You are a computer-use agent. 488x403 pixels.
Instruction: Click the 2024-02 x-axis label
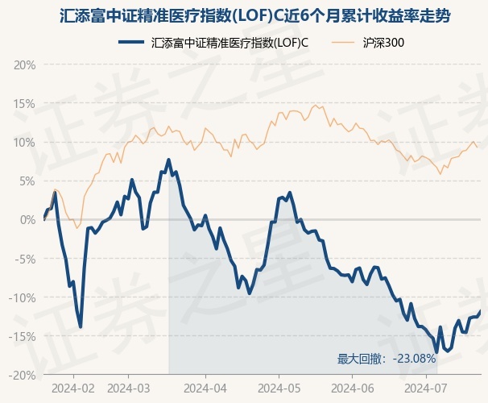(72, 388)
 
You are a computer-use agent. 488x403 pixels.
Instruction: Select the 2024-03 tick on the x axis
(129, 388)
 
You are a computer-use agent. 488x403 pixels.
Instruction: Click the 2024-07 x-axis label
(427, 388)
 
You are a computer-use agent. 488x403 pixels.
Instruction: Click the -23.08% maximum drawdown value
(419, 359)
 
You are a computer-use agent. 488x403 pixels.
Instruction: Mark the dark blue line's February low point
(81, 326)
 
